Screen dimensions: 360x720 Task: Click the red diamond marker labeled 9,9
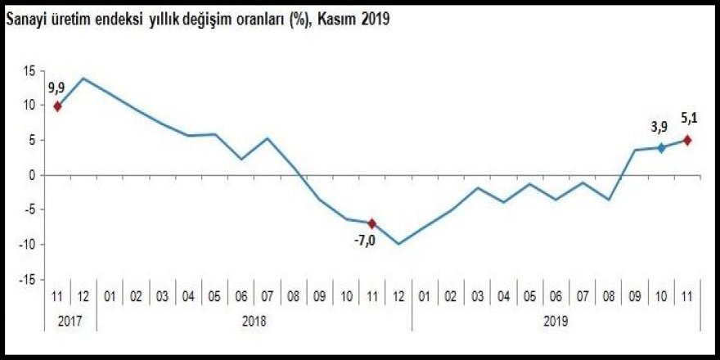tap(57, 106)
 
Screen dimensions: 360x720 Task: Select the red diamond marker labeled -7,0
tap(372, 223)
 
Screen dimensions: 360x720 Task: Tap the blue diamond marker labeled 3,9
tap(661, 148)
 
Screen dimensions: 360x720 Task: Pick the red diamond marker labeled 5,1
tap(687, 140)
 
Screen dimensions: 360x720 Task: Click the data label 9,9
tap(56, 88)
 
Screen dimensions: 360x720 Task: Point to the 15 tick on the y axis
tap(29, 71)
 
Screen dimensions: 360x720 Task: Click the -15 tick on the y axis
tap(28, 280)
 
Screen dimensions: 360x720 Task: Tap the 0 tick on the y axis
tap(33, 175)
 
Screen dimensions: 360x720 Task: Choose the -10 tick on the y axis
tap(28, 245)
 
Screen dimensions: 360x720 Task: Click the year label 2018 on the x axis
tap(254, 322)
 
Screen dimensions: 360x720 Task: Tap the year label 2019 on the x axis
tap(556, 322)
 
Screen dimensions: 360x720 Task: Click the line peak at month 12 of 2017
tap(83, 79)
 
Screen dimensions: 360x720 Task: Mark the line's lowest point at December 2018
tap(398, 244)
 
